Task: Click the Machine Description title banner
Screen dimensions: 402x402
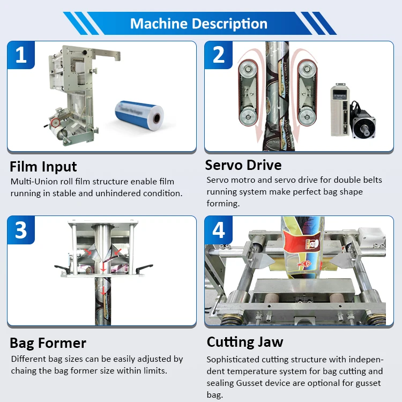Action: pyautogui.click(x=199, y=24)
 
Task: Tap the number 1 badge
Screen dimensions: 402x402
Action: pyautogui.click(x=21, y=54)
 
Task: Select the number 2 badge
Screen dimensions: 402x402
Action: pyautogui.click(x=218, y=54)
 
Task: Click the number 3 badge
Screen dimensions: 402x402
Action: pyautogui.click(x=21, y=230)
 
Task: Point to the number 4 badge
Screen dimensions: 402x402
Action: pyautogui.click(x=218, y=230)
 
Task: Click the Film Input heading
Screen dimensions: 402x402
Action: pyautogui.click(x=43, y=166)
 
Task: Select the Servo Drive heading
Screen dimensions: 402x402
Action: pyautogui.click(x=243, y=164)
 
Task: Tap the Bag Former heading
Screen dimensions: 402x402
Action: pyautogui.click(x=48, y=343)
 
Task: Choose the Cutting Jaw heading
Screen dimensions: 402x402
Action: pyautogui.click(x=245, y=341)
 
